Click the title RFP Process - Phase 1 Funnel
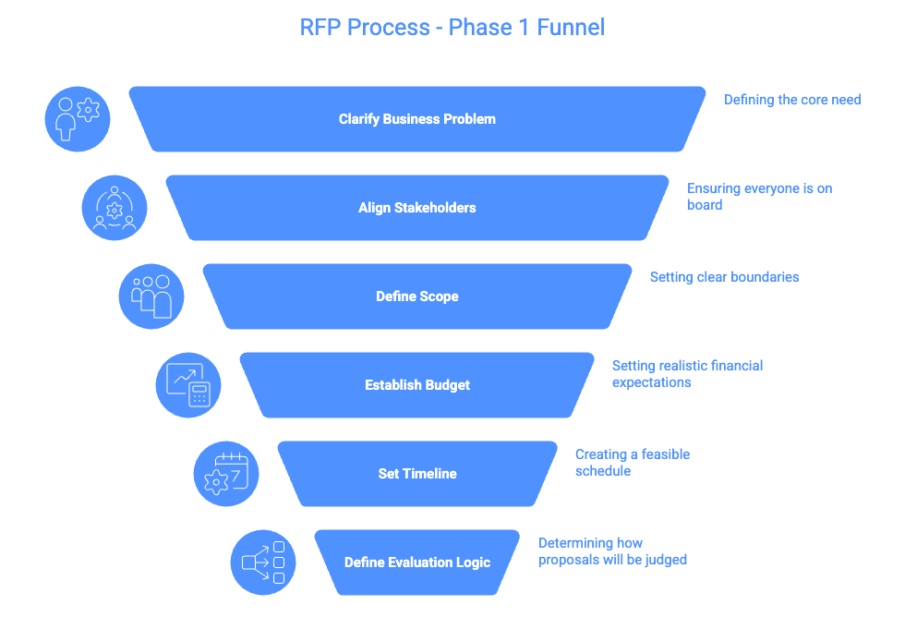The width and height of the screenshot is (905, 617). [x=452, y=27]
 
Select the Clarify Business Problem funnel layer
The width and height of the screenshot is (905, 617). [x=417, y=119]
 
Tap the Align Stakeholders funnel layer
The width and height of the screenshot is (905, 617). [x=417, y=208]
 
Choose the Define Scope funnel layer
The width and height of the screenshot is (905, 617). [x=417, y=296]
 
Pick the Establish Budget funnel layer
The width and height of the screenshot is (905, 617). [x=417, y=385]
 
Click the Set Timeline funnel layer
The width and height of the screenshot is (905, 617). [x=417, y=474]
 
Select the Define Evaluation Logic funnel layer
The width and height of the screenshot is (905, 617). [x=417, y=563]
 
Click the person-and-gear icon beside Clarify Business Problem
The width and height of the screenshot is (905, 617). [x=78, y=119]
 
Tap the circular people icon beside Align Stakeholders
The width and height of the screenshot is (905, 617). [x=115, y=208]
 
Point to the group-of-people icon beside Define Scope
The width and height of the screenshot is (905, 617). [x=151, y=296]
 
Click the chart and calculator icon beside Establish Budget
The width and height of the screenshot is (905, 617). [x=188, y=385]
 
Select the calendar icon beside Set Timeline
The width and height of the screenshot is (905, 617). [x=226, y=474]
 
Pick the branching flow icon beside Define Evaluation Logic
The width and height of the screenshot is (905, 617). [x=263, y=563]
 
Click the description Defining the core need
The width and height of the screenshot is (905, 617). [x=791, y=100]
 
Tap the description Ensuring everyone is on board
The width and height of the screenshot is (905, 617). [x=759, y=197]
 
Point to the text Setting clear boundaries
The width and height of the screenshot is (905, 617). [x=724, y=277]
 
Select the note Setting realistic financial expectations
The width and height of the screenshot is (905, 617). [x=687, y=374]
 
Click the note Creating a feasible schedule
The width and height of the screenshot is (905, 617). [x=632, y=463]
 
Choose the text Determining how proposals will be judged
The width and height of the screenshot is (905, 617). [x=612, y=551]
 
